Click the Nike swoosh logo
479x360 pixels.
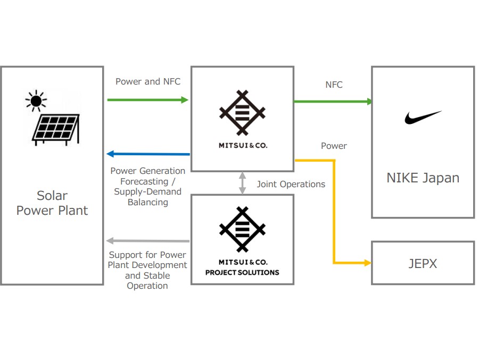(423, 118)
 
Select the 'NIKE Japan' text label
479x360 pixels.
(423, 178)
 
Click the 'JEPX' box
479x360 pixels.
(423, 263)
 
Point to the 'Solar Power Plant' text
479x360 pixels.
(52, 203)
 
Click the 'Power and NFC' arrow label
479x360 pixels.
(148, 81)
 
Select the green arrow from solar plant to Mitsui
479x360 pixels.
(148, 100)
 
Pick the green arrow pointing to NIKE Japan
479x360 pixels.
(333, 101)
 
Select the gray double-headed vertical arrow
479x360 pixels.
(243, 182)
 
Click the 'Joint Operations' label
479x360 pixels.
(291, 184)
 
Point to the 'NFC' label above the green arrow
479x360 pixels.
(334, 85)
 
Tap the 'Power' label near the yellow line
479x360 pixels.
(334, 146)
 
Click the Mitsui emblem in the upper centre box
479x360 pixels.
(242, 113)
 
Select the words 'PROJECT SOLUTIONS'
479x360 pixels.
(242, 272)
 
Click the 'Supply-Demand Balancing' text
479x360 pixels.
(148, 197)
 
